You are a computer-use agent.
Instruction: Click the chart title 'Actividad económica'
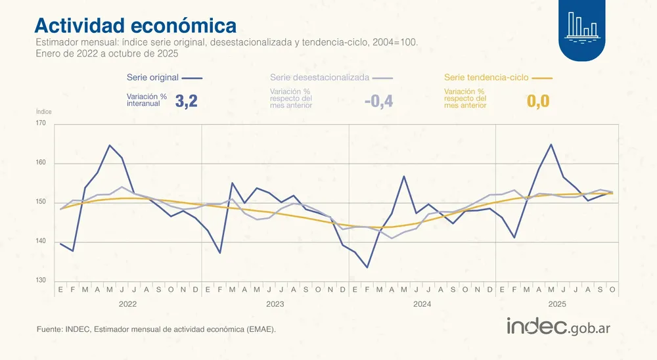135,25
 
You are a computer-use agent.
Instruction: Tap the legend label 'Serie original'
152,78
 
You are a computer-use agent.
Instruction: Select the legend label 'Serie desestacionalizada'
319,78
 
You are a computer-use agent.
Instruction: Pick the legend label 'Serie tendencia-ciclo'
486,78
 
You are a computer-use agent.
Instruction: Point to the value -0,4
378,101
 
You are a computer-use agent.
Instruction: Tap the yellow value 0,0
538,101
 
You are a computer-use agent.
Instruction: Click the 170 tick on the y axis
41,124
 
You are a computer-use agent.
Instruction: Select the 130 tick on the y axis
41,281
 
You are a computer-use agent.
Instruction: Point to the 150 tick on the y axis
41,202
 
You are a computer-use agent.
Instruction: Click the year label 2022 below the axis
127,305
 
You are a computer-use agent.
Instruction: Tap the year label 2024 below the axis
422,305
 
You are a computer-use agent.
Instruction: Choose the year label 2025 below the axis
557,305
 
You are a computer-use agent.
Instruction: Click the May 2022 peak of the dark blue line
110,145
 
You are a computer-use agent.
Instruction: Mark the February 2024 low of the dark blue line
367,267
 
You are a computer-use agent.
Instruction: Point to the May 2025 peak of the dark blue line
551,145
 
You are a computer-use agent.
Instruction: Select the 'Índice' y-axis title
43,112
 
